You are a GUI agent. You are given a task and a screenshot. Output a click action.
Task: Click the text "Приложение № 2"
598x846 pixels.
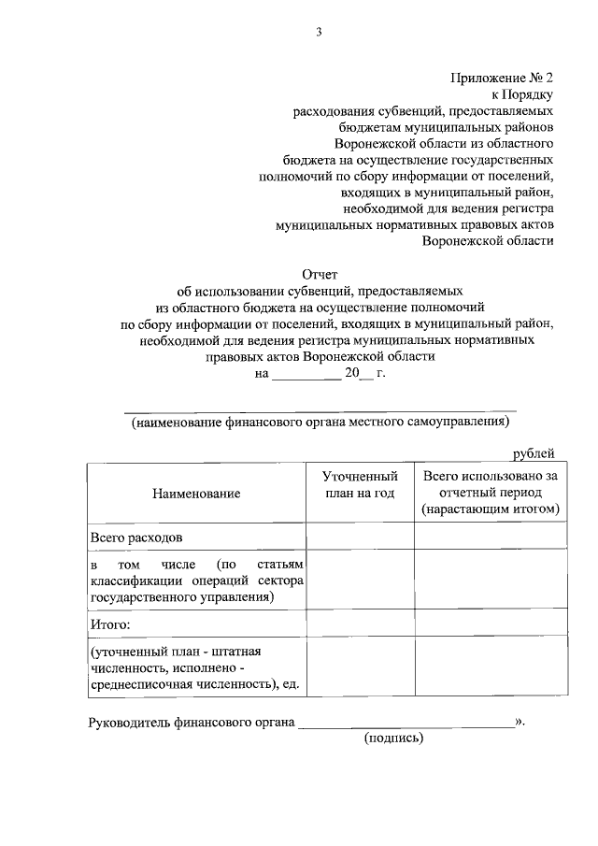[x=504, y=79]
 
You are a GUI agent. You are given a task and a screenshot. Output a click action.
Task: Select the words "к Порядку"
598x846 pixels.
[x=523, y=95]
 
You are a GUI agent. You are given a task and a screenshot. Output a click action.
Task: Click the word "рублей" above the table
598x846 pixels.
[x=534, y=454]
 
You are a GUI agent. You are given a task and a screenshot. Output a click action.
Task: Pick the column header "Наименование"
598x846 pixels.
[x=197, y=493]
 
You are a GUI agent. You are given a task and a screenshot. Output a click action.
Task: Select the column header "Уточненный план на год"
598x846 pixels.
[x=361, y=484]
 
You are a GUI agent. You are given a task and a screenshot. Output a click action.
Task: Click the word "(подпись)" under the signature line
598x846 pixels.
[x=393, y=738]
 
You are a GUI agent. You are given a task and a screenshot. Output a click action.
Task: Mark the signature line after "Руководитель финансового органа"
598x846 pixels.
[x=406, y=722]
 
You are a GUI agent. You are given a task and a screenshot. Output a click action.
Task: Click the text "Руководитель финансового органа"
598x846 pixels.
[x=192, y=722]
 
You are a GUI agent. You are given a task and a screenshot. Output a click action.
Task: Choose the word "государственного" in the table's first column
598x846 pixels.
[x=138, y=597]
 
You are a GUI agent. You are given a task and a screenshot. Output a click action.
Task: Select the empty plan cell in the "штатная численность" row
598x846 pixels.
[x=361, y=667]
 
